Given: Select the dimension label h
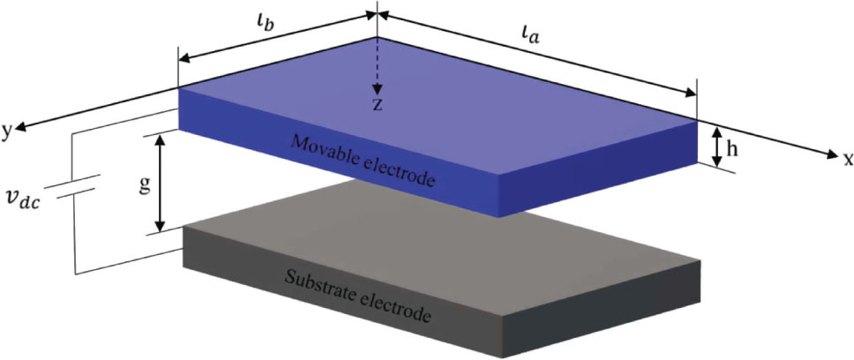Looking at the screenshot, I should [x=743, y=149].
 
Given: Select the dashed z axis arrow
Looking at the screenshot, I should [x=377, y=65].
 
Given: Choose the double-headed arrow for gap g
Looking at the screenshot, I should [x=161, y=184].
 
